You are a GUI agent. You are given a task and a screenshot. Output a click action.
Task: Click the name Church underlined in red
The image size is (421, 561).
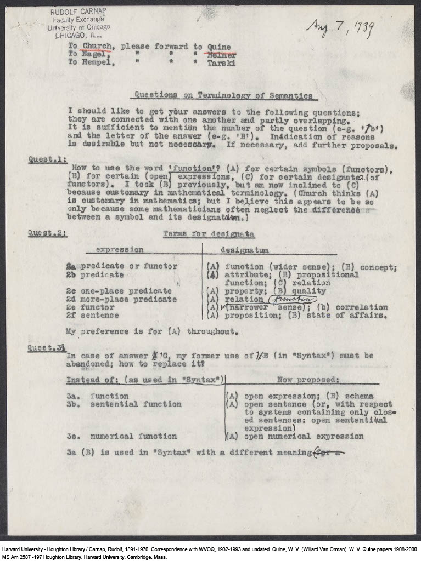(x=98, y=46)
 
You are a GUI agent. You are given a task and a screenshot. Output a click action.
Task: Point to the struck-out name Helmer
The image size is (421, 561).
(x=222, y=55)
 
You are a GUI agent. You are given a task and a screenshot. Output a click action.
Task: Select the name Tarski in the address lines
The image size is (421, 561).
(x=221, y=63)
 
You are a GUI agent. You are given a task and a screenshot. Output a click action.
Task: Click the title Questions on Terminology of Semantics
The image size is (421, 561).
(x=224, y=95)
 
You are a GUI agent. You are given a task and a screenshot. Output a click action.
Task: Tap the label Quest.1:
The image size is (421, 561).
(x=48, y=160)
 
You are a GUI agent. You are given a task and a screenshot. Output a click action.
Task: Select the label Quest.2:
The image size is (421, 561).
(x=48, y=233)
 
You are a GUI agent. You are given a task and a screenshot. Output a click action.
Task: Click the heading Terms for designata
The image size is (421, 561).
(x=209, y=234)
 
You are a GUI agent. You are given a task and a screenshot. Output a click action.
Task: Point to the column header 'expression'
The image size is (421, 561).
(x=120, y=250)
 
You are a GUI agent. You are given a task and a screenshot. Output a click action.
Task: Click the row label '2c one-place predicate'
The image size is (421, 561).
(x=119, y=291)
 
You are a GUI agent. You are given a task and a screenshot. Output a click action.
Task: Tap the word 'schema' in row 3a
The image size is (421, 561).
(x=358, y=396)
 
